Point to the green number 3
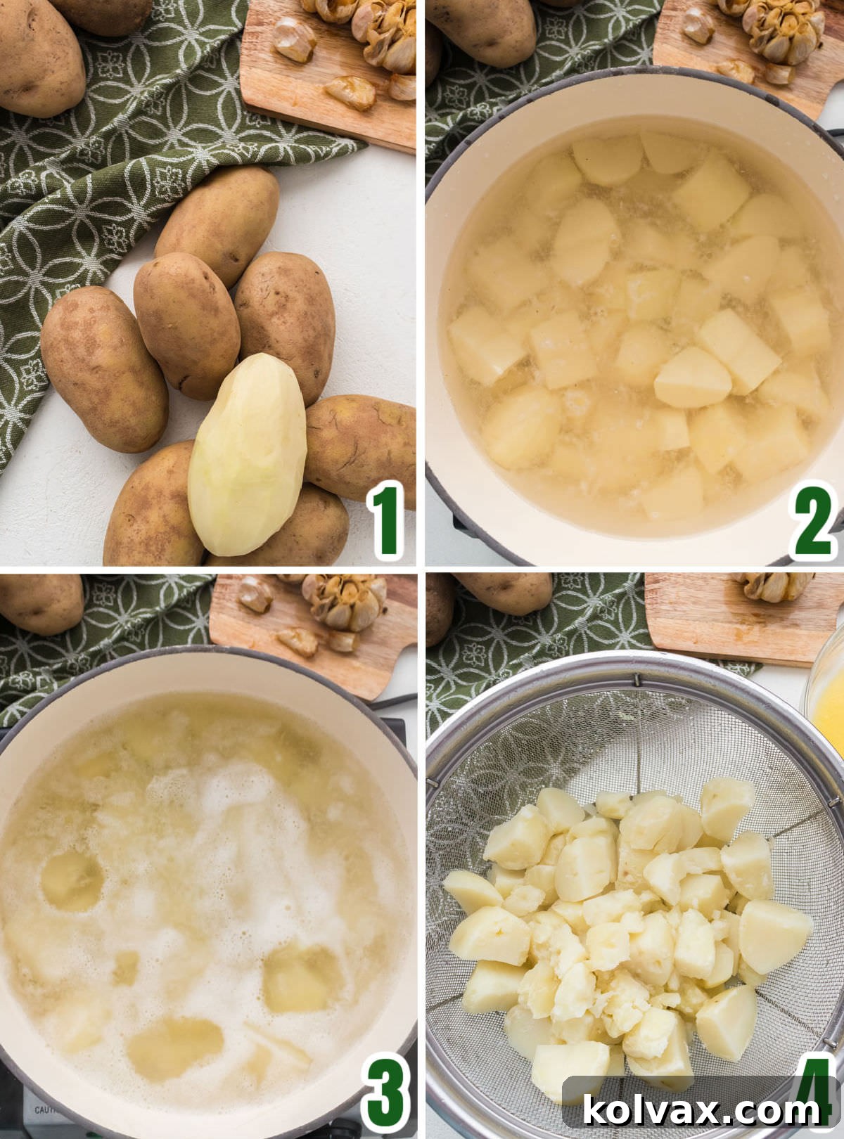click(385, 1094)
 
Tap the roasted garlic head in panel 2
click(784, 28)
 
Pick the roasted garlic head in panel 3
click(345, 603)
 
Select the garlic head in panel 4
click(774, 586)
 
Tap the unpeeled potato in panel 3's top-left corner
click(39, 603)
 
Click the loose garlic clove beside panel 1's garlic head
click(294, 39)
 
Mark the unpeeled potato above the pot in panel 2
click(482, 28)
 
